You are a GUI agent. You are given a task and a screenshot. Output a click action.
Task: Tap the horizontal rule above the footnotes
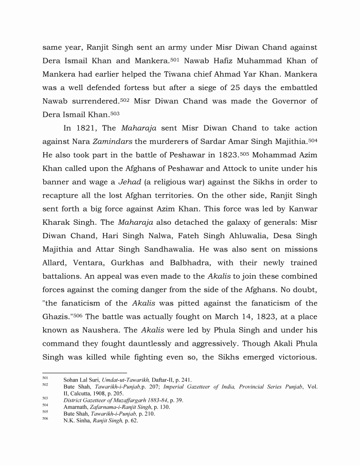pyautogui.click(x=84, y=373)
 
